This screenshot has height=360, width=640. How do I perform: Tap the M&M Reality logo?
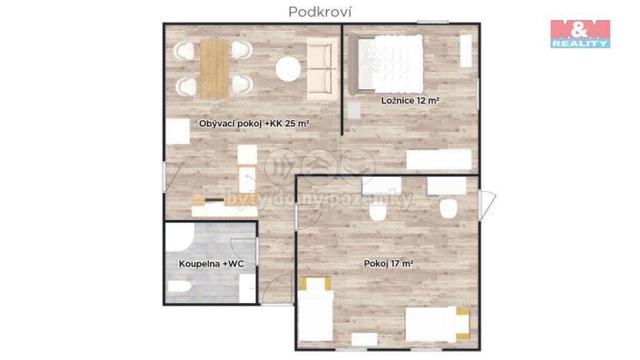[x=580, y=34]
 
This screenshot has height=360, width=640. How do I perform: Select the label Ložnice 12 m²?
[x=408, y=101]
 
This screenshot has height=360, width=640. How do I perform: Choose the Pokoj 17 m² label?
[x=388, y=264]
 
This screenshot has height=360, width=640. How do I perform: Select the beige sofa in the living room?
[x=320, y=69]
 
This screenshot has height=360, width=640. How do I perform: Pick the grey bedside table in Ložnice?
[x=353, y=109]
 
